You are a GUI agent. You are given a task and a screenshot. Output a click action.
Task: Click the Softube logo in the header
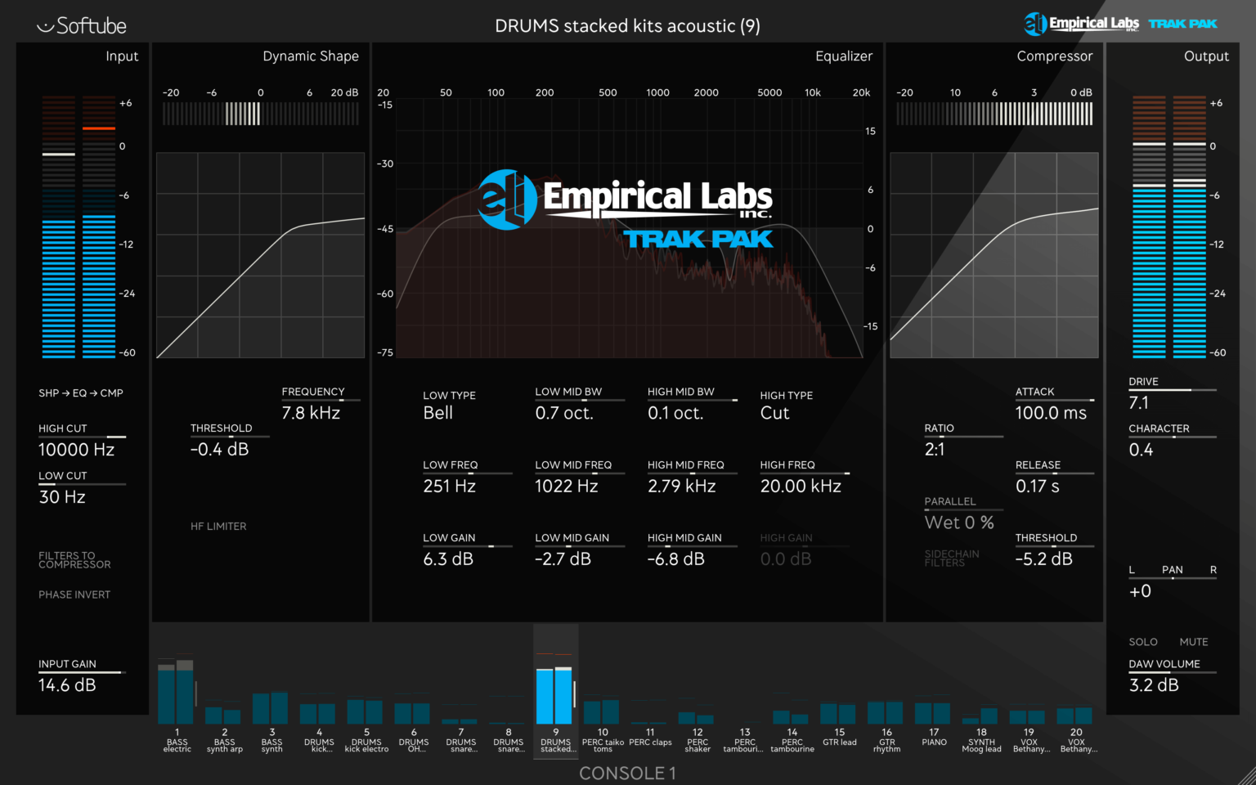point(82,26)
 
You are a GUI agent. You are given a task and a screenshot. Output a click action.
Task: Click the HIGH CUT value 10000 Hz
point(76,450)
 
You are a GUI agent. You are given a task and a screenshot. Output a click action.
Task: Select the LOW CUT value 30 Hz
point(62,497)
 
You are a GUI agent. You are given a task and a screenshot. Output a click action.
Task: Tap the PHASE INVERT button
point(74,594)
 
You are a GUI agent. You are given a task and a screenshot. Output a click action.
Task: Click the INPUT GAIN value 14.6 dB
point(67,685)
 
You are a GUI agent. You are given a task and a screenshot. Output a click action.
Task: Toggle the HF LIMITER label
point(218,527)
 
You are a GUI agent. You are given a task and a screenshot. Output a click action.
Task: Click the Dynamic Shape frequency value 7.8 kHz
point(311,413)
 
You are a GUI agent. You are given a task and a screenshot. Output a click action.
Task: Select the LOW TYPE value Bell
point(437,413)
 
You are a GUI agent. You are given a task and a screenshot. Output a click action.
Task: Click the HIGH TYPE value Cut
point(774,413)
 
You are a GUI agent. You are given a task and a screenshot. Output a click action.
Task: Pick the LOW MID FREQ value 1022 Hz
point(566,487)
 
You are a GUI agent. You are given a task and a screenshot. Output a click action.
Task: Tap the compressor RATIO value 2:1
point(935,450)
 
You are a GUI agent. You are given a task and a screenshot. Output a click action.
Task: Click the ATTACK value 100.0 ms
point(1051,413)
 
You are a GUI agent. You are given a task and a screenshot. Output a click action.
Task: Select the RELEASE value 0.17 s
point(1037,487)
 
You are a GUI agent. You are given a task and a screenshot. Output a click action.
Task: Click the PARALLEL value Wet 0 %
point(959,523)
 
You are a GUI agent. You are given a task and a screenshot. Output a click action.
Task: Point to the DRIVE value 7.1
point(1138,403)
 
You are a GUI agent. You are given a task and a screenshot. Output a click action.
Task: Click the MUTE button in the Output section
point(1193,642)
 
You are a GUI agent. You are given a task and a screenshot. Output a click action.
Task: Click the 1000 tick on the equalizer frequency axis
point(657,92)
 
